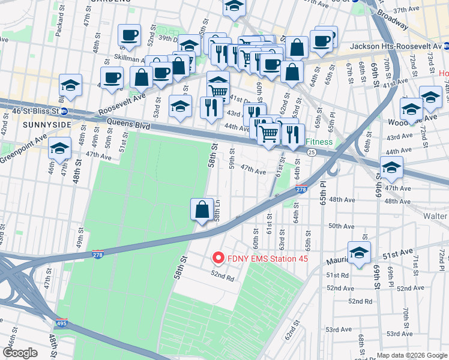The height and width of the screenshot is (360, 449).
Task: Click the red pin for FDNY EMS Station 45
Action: [217, 259]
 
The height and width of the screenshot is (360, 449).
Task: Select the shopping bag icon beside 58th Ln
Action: [202, 210]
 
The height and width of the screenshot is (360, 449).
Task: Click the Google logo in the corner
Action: [20, 353]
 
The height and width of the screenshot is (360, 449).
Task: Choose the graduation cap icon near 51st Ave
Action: [359, 253]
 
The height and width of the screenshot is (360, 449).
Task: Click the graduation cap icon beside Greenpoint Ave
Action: [59, 149]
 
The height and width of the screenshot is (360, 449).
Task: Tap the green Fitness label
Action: [319, 143]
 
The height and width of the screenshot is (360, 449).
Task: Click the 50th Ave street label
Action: [340, 226]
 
